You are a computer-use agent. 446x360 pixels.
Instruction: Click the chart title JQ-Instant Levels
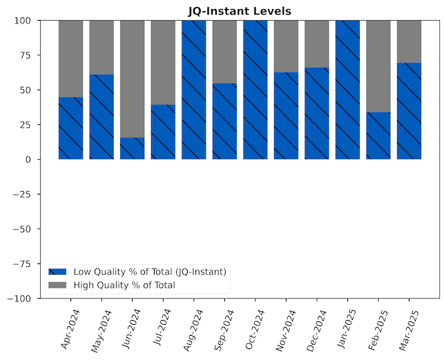240,11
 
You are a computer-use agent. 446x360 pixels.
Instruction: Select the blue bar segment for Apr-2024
70,128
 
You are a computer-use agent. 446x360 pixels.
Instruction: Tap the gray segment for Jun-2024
132,79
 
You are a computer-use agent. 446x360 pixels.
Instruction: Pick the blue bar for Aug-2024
194,90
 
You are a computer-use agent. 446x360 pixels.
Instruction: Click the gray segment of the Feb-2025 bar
378,66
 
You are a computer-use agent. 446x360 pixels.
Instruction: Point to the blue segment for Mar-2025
409,111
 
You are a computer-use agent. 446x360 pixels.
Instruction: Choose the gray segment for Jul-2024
163,62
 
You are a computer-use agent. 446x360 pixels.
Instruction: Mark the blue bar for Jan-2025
347,90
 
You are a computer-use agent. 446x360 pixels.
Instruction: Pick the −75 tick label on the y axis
21,263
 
